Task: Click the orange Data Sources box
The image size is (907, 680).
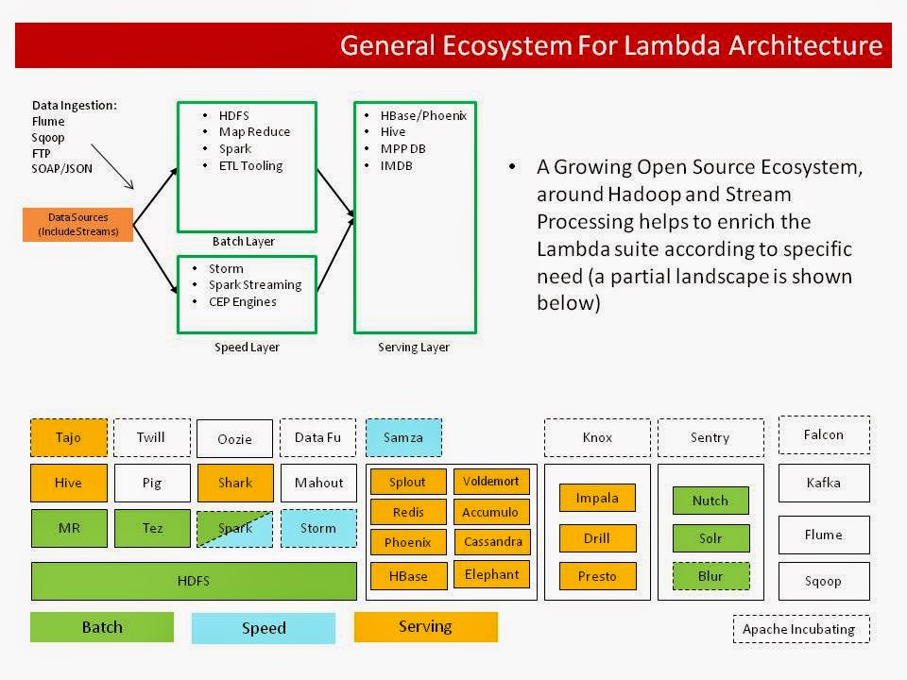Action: tap(77, 225)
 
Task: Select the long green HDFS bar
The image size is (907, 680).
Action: tap(194, 581)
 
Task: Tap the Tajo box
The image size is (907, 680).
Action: tap(68, 437)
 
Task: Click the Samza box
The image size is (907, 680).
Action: tap(403, 437)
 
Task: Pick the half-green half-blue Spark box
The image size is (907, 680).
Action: tap(235, 528)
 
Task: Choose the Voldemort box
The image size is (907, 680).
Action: tap(490, 482)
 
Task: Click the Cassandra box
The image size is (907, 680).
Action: tap(490, 543)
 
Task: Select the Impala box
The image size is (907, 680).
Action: tap(596, 498)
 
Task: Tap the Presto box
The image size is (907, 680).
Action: tap(596, 576)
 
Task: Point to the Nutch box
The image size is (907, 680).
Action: tap(710, 501)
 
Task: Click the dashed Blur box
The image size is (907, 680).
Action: tap(710, 576)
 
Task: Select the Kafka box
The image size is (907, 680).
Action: tap(823, 483)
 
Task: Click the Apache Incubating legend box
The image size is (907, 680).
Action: tap(800, 629)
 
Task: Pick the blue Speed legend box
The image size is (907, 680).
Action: tap(264, 628)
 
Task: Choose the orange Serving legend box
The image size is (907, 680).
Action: tap(425, 626)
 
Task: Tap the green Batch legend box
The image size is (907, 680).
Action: tap(102, 627)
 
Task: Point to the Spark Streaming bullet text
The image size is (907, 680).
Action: tap(255, 284)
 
